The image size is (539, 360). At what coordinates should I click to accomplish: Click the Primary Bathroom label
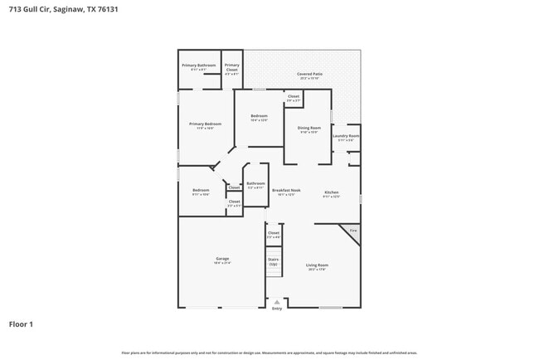[x=199, y=66]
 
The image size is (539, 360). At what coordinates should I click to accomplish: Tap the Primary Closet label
[x=232, y=66]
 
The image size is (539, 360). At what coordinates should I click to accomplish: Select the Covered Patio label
[x=310, y=75]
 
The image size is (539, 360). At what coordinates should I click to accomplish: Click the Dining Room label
[x=309, y=128]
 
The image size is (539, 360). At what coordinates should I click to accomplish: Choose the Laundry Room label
[x=346, y=136]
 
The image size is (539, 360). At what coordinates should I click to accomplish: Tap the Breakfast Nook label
[x=286, y=191]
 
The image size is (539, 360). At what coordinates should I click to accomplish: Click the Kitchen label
[x=332, y=191]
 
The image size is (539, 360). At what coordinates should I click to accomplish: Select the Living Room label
[x=317, y=265]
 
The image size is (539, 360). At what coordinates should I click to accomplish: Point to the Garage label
[x=222, y=259]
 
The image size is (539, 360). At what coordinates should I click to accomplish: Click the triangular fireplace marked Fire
[x=354, y=231]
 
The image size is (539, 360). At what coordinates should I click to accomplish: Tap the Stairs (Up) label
[x=273, y=260]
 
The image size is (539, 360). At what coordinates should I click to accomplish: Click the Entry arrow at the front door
[x=277, y=302]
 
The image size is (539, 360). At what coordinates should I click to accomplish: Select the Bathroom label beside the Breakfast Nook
[x=255, y=183]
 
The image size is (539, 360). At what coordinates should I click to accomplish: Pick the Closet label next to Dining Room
[x=294, y=97]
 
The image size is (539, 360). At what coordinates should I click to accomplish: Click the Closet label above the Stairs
[x=274, y=234]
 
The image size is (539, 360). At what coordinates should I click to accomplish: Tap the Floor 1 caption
[x=21, y=324]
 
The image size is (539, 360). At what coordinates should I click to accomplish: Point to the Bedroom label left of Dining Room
[x=259, y=116]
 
